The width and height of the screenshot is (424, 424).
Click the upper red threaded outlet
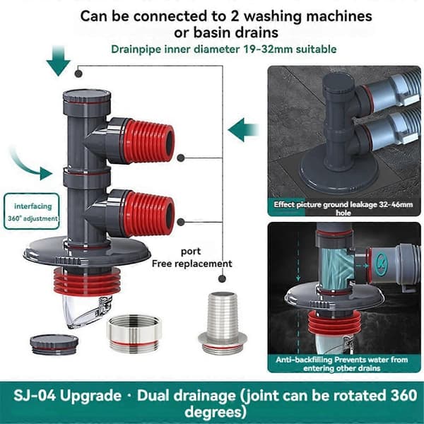[148, 141]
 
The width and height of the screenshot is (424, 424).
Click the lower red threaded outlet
[148, 213]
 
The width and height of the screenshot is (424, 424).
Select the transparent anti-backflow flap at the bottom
[86, 310]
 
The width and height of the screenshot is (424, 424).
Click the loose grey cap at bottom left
[54, 344]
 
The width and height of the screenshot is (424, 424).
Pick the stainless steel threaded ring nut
[134, 334]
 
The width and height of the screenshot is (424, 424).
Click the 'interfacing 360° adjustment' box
[32, 211]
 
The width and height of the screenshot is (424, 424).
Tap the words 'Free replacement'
[192, 264]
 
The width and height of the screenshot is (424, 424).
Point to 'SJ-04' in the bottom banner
[35, 396]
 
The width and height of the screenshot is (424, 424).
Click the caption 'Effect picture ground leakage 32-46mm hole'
[343, 208]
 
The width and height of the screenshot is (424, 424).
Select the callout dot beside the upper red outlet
[181, 158]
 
